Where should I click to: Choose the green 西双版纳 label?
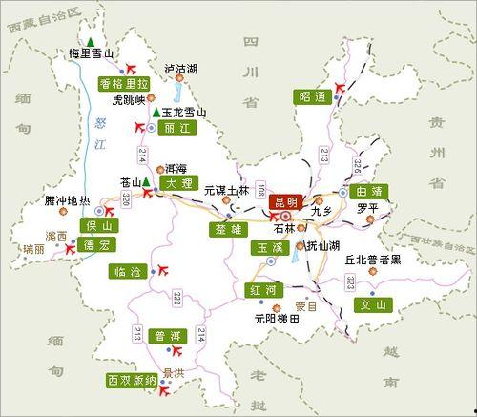click(x=132, y=381)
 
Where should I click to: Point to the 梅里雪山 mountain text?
click(x=92, y=54)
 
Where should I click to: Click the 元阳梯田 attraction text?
click(x=278, y=321)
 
